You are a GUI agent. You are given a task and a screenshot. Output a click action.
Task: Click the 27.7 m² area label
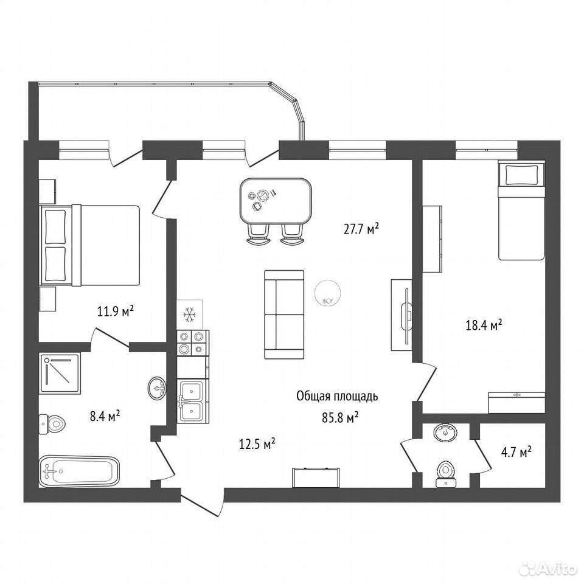(x=361, y=229)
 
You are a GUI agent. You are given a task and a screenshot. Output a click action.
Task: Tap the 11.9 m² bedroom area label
(x=116, y=311)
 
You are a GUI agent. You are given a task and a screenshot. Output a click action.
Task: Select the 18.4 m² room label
(x=484, y=325)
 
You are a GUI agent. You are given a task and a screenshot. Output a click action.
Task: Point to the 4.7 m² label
(x=516, y=453)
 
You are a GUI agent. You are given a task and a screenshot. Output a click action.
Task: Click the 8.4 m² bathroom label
(x=105, y=415)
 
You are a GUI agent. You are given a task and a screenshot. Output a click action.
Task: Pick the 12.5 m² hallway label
(x=257, y=443)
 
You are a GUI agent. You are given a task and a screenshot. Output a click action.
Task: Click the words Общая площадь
(x=337, y=397)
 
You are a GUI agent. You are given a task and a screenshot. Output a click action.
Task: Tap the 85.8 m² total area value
(x=340, y=418)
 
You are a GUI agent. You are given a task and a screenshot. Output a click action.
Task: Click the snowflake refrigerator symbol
(x=190, y=315)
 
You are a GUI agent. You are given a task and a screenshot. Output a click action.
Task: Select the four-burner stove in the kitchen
(x=193, y=342)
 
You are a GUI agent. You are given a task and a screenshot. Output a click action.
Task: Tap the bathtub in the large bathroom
(x=79, y=471)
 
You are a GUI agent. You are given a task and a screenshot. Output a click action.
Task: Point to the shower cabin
(x=60, y=373)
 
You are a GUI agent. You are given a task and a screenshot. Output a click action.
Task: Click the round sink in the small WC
(x=445, y=433)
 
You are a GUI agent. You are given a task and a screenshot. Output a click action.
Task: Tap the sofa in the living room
(x=284, y=315)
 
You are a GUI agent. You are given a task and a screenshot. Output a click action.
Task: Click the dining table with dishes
(x=276, y=201)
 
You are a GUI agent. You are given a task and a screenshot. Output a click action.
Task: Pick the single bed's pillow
(x=521, y=174)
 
